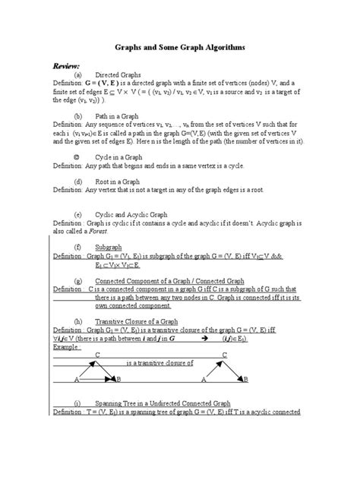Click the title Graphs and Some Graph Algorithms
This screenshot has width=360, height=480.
pos(179,47)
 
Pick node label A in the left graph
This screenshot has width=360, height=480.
pos(77,380)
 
